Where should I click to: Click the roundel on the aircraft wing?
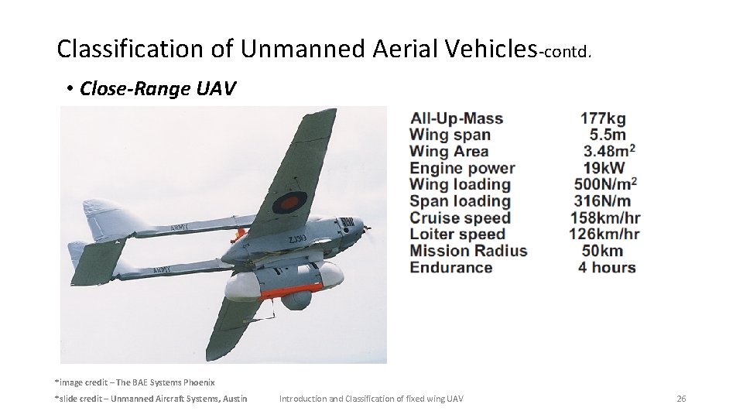[x=289, y=204]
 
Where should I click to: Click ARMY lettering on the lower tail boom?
[x=162, y=270]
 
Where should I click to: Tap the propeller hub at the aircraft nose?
[x=367, y=228]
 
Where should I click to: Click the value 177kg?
[x=603, y=118]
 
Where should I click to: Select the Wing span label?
[x=450, y=135]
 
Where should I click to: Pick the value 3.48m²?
[x=609, y=151]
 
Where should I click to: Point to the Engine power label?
[x=462, y=168]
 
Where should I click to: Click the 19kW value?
[x=604, y=168]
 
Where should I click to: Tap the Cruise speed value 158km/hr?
[x=605, y=218]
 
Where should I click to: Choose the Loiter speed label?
[x=457, y=234]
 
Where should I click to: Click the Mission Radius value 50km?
[x=602, y=251]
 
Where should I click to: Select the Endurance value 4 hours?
[x=607, y=268]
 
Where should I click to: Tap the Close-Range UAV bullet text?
[x=158, y=89]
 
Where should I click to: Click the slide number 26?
[x=681, y=399]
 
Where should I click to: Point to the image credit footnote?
[x=135, y=382]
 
